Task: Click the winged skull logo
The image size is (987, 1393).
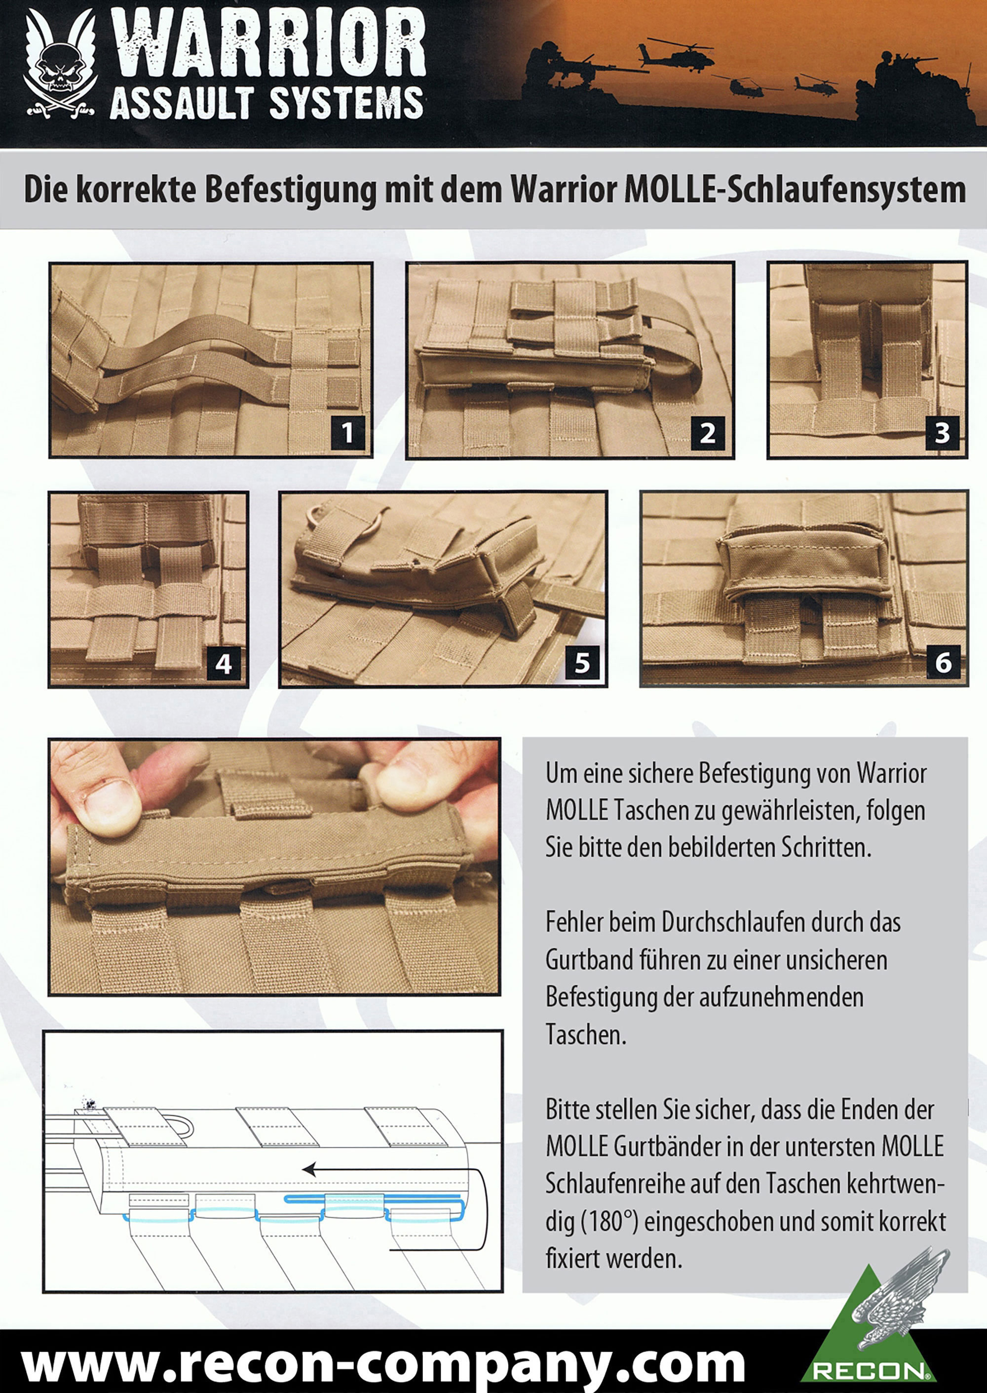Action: click(x=60, y=67)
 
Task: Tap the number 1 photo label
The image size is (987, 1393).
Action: click(x=347, y=433)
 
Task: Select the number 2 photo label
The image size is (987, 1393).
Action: click(x=707, y=433)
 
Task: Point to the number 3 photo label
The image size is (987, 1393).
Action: click(x=942, y=433)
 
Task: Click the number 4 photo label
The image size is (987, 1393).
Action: click(x=224, y=663)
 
